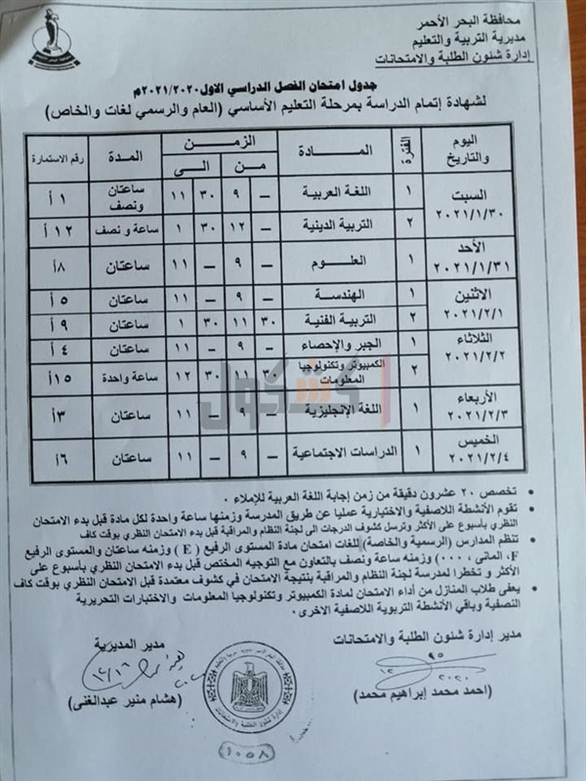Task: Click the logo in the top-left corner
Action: pyautogui.click(x=47, y=35)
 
